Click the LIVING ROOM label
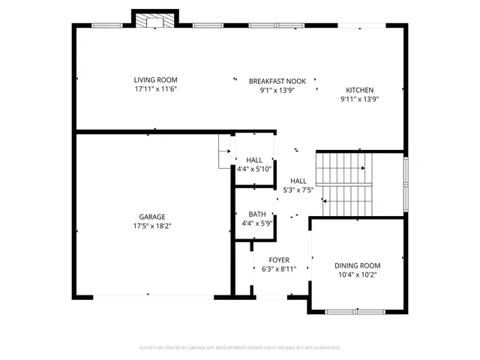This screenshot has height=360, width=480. [155, 79]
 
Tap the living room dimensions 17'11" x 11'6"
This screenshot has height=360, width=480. [155, 88]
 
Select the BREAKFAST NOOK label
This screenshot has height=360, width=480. [277, 80]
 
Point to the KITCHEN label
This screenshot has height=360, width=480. [358, 89]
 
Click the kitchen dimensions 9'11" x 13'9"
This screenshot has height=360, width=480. [358, 98]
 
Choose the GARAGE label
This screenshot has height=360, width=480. [151, 217]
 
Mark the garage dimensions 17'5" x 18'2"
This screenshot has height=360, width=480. [151, 226]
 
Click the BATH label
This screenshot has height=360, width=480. [257, 214]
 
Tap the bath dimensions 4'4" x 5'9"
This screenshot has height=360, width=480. [257, 223]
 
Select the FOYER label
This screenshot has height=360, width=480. [279, 259]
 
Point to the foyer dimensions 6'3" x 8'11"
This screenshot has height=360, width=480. [279, 268]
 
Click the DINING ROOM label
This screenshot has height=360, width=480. [357, 265]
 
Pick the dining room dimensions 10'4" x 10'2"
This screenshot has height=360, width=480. [357, 274]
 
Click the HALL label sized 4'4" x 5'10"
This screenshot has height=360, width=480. [254, 160]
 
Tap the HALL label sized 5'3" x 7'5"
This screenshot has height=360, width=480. [298, 181]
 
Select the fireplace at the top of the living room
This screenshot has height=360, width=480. [155, 19]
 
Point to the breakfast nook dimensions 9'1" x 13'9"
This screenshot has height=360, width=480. [277, 89]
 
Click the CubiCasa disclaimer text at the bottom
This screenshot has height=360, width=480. [240, 347]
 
